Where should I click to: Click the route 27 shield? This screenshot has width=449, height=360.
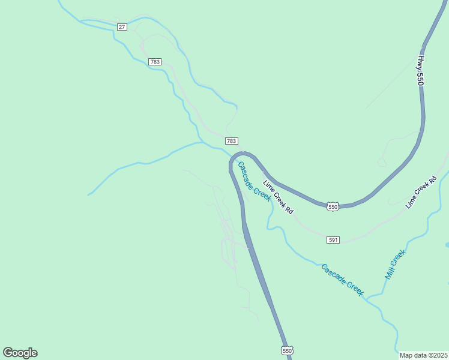[122, 27]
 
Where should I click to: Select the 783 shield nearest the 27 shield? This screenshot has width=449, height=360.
[155, 62]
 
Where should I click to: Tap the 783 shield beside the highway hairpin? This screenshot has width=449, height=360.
[232, 140]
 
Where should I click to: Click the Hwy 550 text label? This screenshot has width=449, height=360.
[422, 70]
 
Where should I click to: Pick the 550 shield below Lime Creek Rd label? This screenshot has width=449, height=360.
[333, 206]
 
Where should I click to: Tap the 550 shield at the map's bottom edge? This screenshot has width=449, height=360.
[287, 350]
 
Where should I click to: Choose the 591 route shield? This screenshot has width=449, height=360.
[334, 240]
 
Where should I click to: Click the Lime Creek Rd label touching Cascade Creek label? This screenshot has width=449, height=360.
[278, 197]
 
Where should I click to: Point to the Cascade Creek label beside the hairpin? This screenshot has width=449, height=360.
[254, 181]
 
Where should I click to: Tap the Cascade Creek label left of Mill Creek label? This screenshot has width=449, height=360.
[342, 280]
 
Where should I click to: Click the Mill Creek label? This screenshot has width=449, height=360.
[395, 264]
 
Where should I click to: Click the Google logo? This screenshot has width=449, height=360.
[20, 352]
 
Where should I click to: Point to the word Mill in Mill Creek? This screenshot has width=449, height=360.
[388, 273]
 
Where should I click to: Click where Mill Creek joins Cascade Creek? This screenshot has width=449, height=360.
[367, 297]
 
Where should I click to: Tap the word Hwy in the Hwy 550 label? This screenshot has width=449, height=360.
[421, 62]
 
